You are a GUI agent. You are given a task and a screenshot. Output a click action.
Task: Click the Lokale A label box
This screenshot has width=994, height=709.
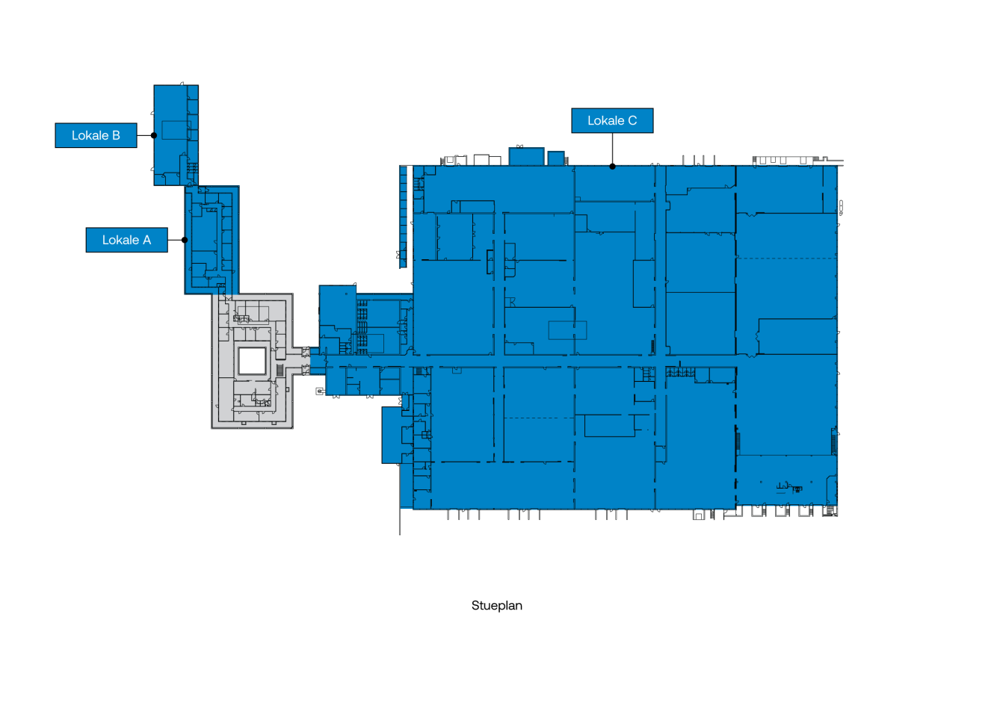point(127,240)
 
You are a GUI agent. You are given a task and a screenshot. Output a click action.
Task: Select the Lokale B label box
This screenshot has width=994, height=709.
point(96,135)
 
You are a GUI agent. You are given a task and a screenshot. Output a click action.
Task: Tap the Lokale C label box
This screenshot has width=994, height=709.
point(612,120)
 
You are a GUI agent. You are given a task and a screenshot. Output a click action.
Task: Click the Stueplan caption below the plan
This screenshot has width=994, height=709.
point(496,606)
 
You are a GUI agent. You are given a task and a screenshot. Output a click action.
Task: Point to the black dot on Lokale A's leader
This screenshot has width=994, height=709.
point(185,240)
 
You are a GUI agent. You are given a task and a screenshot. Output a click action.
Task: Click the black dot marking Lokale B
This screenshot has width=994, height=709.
point(154,135)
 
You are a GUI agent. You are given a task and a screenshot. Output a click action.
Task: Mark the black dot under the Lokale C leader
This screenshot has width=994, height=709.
point(612,167)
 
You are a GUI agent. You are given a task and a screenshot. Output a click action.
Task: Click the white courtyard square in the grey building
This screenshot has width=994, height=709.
point(252,361)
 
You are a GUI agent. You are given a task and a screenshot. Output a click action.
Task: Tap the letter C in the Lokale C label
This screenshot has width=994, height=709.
point(632,121)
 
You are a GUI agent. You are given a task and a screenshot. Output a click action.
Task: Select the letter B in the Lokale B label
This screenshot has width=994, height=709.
point(117,136)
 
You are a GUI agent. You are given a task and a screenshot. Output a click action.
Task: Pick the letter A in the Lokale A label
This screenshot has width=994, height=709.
point(147,240)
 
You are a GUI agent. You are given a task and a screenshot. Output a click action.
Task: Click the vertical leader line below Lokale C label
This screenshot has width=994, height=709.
point(612,149)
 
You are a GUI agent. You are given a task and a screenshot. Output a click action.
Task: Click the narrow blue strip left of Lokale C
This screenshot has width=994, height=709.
point(403,217)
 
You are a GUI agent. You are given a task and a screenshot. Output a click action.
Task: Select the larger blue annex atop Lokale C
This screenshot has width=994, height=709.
point(526,157)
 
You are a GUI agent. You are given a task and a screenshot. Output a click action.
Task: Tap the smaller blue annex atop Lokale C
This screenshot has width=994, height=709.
point(556,158)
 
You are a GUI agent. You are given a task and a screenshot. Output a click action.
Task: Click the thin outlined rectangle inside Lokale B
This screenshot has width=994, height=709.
point(176,130)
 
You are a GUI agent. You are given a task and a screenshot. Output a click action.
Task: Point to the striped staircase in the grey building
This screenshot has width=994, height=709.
point(280,370)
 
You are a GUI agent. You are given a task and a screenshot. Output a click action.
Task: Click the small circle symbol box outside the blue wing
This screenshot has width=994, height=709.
point(320,391)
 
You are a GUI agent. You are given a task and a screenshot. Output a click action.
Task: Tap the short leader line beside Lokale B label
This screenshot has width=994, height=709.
point(144,135)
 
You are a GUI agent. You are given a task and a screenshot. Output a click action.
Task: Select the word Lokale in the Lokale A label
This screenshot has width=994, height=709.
point(121,240)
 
